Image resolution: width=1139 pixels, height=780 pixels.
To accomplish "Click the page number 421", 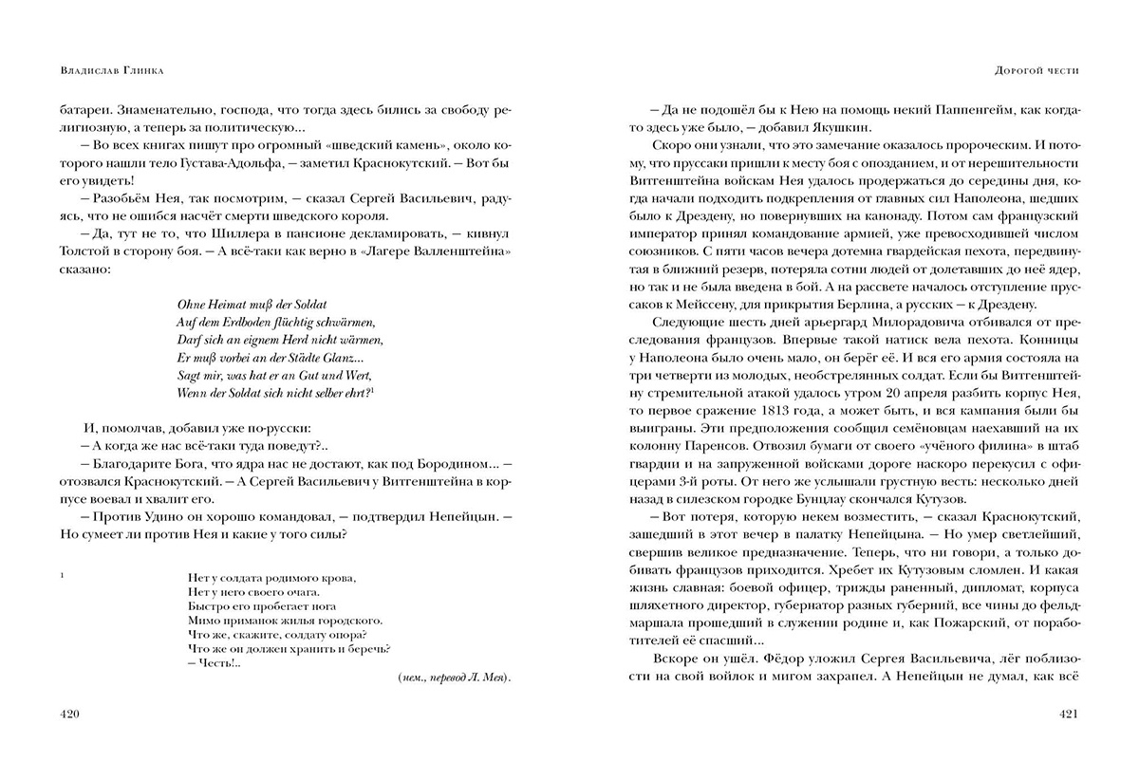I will [x=1069, y=714].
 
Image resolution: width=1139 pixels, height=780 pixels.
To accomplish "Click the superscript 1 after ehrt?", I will [x=374, y=389].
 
